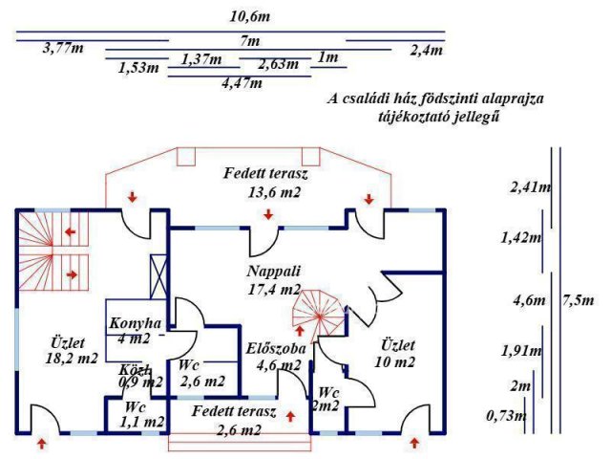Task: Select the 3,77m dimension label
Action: click(63, 49)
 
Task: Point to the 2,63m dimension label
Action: click(278, 65)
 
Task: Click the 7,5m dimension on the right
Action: click(577, 299)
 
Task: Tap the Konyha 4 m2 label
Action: click(136, 330)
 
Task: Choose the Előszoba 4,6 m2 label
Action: click(275, 356)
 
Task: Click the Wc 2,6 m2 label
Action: click(200, 374)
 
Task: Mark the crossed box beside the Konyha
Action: click(157, 278)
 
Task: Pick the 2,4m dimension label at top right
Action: click(426, 49)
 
